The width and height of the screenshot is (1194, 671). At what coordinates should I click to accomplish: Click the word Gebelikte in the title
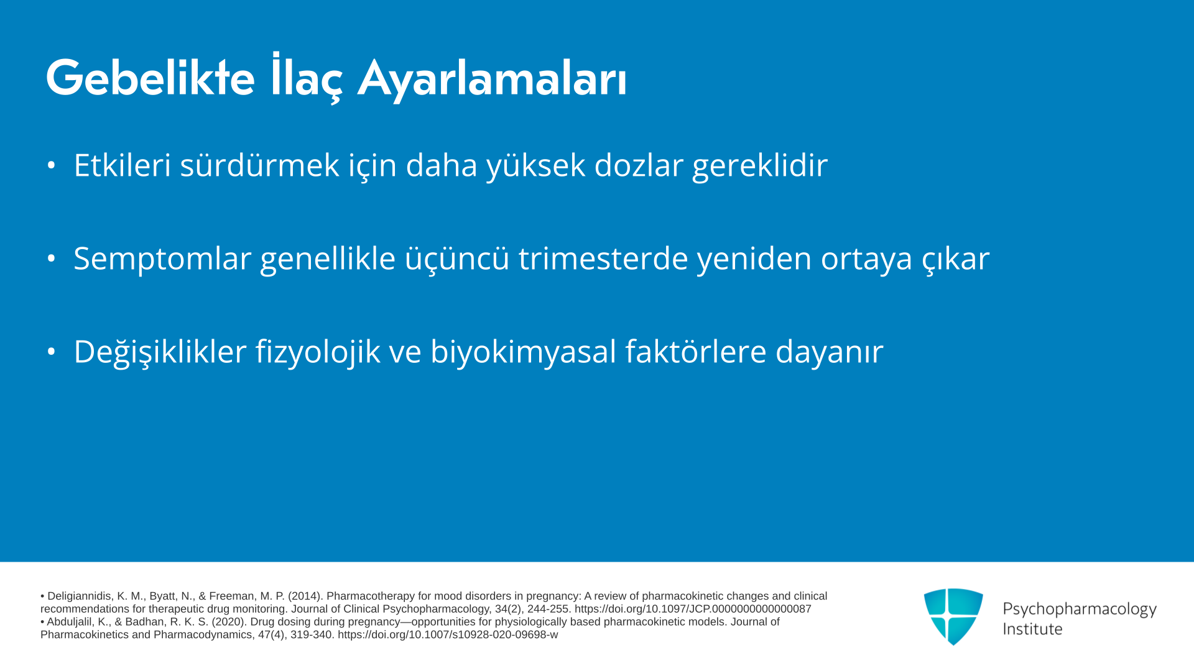[x=150, y=78]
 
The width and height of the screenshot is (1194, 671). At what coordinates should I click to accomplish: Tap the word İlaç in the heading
[x=307, y=77]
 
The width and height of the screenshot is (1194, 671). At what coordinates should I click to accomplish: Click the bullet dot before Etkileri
[x=51, y=165]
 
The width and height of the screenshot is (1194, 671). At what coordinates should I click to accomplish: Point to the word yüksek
[x=535, y=165]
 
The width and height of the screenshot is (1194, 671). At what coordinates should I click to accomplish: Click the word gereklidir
[x=759, y=166]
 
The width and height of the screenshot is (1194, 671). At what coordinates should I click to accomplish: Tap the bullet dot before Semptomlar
[x=51, y=258]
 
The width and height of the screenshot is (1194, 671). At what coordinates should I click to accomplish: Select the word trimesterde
[x=603, y=258]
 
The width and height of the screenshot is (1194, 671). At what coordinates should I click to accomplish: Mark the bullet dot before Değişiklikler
[x=51, y=352]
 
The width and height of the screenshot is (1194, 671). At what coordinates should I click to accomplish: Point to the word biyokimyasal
[x=523, y=352]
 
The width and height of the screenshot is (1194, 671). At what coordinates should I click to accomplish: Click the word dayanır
[x=829, y=352]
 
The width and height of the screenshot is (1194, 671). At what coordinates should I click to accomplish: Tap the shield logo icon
[x=953, y=616]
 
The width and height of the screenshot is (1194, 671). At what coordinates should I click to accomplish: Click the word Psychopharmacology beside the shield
[x=1080, y=609]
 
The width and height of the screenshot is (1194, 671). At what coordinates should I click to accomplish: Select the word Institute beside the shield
[x=1032, y=629]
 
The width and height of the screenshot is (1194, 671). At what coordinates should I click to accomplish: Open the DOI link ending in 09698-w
[x=448, y=635]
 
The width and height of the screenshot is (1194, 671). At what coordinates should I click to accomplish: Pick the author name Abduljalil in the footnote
[x=71, y=622]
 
